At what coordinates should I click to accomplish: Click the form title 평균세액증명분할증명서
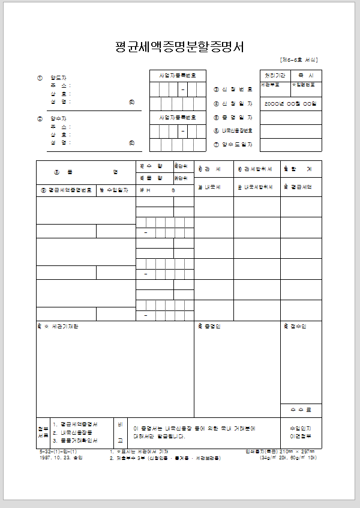coord(179,47)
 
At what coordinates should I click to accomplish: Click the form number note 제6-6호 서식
coord(298,60)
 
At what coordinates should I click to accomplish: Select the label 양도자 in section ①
coord(58,78)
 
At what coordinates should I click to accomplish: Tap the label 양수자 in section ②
coord(58,119)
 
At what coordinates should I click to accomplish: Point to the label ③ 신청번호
coord(233,89)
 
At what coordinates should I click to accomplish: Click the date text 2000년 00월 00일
coord(290,104)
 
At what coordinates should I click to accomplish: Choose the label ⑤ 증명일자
coord(233,118)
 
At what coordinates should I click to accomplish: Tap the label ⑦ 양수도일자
coord(233,145)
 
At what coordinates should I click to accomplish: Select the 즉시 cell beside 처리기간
coord(306,76)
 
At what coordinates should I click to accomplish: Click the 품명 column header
coord(85,172)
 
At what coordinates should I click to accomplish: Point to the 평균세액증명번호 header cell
coord(66,190)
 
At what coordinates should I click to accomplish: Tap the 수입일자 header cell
coord(115,190)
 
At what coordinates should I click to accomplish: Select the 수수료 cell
coord(301,410)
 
